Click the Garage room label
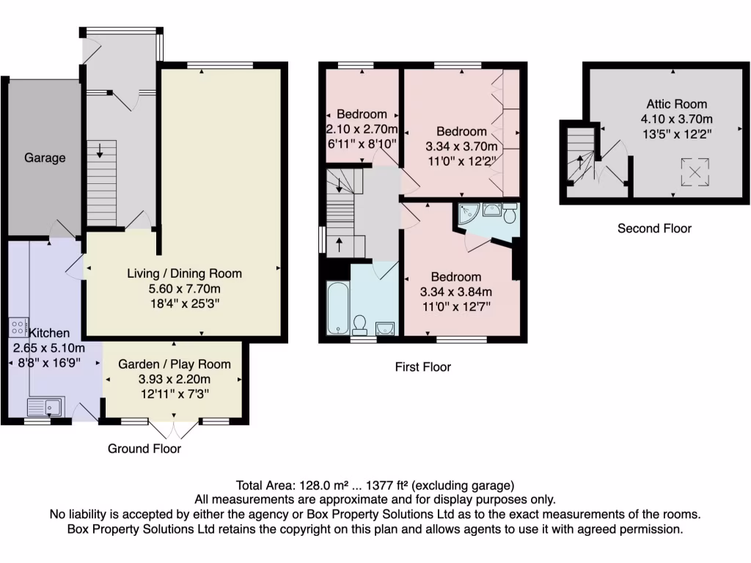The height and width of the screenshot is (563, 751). point(45,158)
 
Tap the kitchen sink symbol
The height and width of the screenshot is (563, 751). point(45,406)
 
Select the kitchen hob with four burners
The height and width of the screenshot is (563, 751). point(19,328)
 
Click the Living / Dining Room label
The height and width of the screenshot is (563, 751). point(184,273)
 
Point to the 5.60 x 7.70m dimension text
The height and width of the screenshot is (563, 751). point(184,288)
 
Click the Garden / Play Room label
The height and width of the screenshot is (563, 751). point(175,364)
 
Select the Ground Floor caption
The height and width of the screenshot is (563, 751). point(144,449)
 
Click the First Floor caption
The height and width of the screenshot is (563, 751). point(422,367)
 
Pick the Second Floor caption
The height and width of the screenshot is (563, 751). point(654,228)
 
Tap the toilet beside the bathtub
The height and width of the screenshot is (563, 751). point(360,323)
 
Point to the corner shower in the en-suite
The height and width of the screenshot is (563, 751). point(466,213)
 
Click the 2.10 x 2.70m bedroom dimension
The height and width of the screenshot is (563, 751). point(362,129)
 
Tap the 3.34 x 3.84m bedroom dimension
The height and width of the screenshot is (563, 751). point(455,292)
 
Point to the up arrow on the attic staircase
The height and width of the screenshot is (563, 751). point(580,161)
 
